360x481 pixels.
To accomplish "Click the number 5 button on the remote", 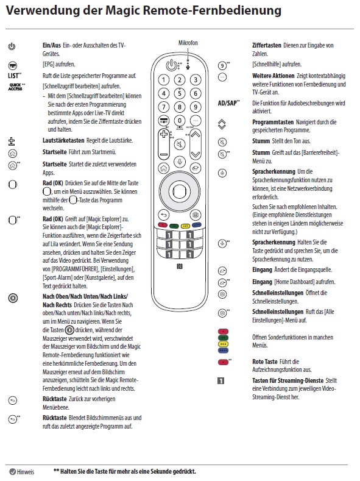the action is pyautogui.click(x=180, y=93).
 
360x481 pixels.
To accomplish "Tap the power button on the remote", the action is pyautogui.click(x=171, y=65).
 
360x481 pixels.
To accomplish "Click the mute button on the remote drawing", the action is pyautogui.click(x=180, y=144).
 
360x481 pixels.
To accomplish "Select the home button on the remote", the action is pyautogui.click(x=164, y=168).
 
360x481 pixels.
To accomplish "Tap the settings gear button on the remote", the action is pyautogui.click(x=196, y=215).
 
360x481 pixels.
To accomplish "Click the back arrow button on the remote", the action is pyautogui.click(x=164, y=215).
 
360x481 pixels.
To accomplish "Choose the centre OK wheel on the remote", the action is pyautogui.click(x=180, y=191).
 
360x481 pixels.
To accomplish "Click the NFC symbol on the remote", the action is pyautogui.click(x=180, y=266).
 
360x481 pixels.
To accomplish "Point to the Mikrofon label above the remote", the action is pyautogui.click(x=188, y=43).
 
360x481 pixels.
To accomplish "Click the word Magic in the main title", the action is pyautogui.click(x=122, y=10).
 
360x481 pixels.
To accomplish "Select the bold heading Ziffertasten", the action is pyautogui.click(x=267, y=45).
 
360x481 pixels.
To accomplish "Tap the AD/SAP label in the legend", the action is pyautogui.click(x=228, y=104).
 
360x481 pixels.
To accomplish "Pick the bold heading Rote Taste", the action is pyautogui.click(x=265, y=362).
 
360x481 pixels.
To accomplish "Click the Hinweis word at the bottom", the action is pyautogui.click(x=26, y=472).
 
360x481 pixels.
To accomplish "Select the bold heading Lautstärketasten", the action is pyautogui.click(x=63, y=140).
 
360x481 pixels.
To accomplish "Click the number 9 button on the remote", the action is pyautogui.click(x=196, y=107).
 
